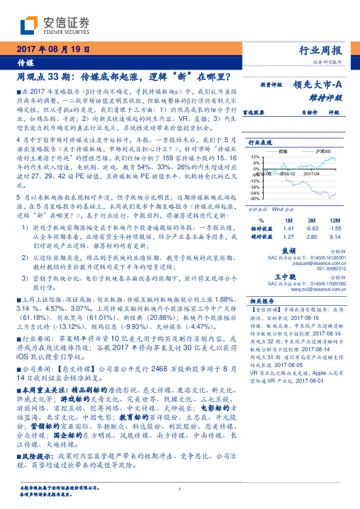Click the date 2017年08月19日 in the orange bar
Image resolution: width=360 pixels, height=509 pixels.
[52, 50]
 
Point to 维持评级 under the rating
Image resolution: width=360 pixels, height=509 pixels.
[327, 97]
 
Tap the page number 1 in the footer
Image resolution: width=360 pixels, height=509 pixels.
[180, 490]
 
